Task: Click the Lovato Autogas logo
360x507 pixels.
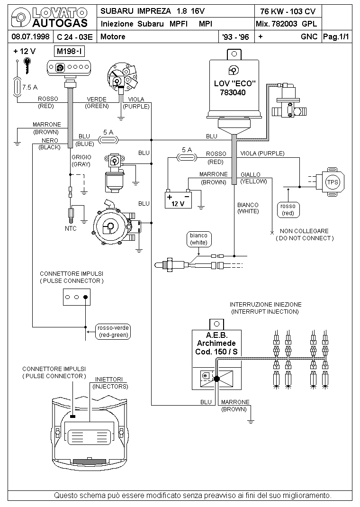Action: pyautogui.click(x=49, y=18)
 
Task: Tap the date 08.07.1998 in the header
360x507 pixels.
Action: pyautogui.click(x=30, y=36)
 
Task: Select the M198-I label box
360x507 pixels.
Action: pyautogui.click(x=70, y=51)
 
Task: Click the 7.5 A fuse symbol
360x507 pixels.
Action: pyautogui.click(x=17, y=87)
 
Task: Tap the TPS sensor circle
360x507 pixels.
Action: pyautogui.click(x=333, y=182)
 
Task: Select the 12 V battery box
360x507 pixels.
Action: pyautogui.click(x=178, y=200)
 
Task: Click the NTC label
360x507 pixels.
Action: pyautogui.click(x=71, y=228)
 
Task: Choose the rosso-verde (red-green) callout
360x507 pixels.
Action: pyautogui.click(x=113, y=331)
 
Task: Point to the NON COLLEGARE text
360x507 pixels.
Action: pyautogui.click(x=304, y=231)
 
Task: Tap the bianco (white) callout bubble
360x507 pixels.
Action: pyautogui.click(x=199, y=239)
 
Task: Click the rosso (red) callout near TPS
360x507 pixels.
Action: pyautogui.click(x=288, y=209)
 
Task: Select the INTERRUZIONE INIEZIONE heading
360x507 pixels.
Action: pyautogui.click(x=265, y=305)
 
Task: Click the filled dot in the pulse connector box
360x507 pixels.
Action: pyautogui.click(x=85, y=297)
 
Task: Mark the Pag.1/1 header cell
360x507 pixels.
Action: pyautogui.click(x=336, y=36)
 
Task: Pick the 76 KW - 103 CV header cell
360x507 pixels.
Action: pyautogui.click(x=288, y=11)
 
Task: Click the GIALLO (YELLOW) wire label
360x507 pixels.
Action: pyautogui.click(x=253, y=178)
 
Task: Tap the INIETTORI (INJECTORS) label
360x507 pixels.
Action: pyautogui.click(x=110, y=383)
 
